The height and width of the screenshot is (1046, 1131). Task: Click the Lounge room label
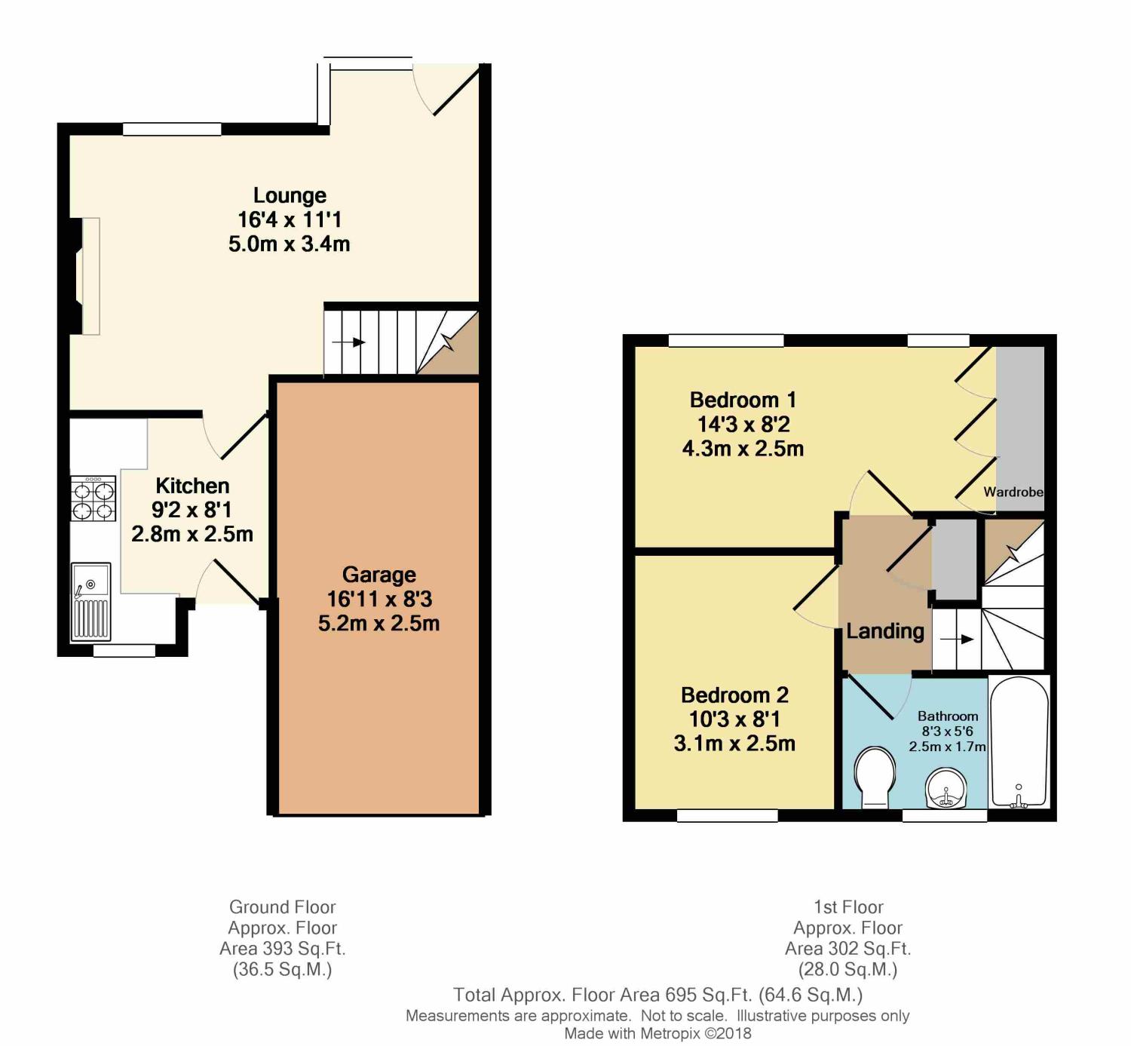click(290, 195)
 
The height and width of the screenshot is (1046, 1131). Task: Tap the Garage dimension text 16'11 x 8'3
click(379, 599)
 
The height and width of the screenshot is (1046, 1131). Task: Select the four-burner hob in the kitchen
click(93, 498)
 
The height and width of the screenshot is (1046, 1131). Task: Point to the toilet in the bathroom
click(875, 777)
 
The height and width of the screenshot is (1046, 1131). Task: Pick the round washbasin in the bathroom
click(946, 789)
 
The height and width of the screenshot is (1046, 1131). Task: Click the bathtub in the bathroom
click(1019, 741)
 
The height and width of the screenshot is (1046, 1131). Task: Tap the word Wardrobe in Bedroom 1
click(1013, 492)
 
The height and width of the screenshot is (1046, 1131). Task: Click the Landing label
click(885, 631)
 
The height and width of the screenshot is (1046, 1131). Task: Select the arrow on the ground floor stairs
click(348, 342)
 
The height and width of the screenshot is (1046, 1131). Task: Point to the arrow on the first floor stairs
click(957, 640)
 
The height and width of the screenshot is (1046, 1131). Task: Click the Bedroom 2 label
click(734, 695)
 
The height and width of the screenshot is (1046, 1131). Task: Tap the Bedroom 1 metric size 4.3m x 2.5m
click(743, 449)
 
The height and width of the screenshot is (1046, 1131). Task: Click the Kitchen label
click(192, 486)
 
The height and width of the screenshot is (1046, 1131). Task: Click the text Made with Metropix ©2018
click(657, 1033)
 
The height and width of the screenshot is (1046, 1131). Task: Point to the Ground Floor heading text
click(283, 907)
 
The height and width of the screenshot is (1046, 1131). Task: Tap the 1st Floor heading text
click(848, 907)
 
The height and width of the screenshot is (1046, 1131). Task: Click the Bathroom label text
click(948, 716)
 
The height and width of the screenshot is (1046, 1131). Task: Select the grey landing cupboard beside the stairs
click(955, 558)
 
